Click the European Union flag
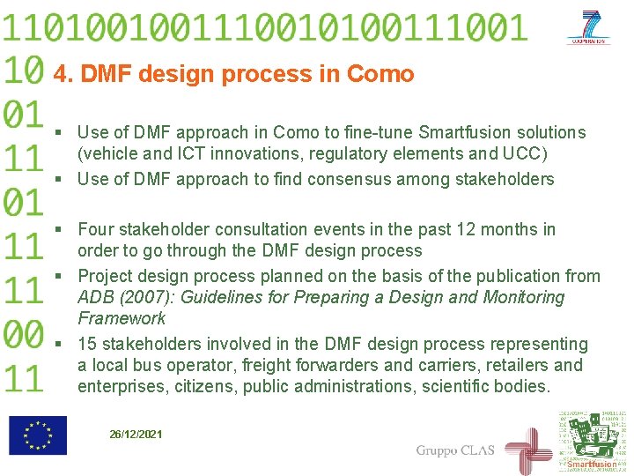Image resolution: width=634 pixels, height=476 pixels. coord(38,435)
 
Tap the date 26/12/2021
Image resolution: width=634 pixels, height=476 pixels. coord(136,435)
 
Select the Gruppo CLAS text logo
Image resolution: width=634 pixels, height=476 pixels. coord(455,450)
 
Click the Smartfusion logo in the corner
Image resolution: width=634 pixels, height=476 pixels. coord(593,441)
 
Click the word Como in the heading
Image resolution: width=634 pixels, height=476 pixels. coord(380,74)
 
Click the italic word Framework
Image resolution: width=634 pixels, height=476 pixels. coord(122,319)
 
